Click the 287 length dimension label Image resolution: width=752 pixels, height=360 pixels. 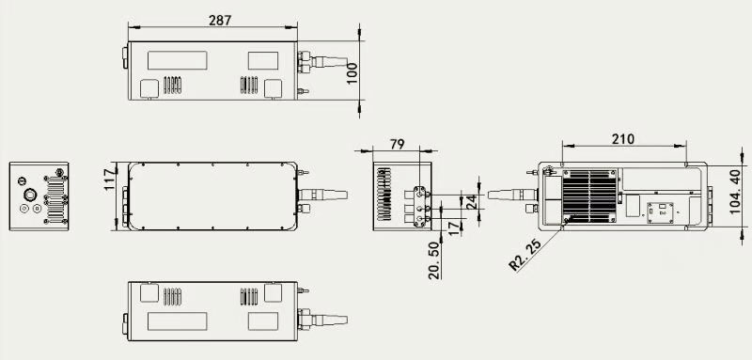click(x=220, y=20)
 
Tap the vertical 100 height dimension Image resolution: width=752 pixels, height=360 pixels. click(x=352, y=73)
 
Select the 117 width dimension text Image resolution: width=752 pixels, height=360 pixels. click(x=110, y=180)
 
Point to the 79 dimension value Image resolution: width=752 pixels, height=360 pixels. click(x=398, y=145)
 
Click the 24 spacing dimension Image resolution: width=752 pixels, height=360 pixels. click(x=473, y=202)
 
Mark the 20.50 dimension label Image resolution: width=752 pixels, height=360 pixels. click(x=434, y=260)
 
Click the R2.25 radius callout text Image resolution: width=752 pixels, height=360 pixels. click(x=525, y=255)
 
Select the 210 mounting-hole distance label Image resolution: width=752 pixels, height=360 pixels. click(x=623, y=139)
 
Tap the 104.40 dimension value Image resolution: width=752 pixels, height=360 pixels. click(x=735, y=195)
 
